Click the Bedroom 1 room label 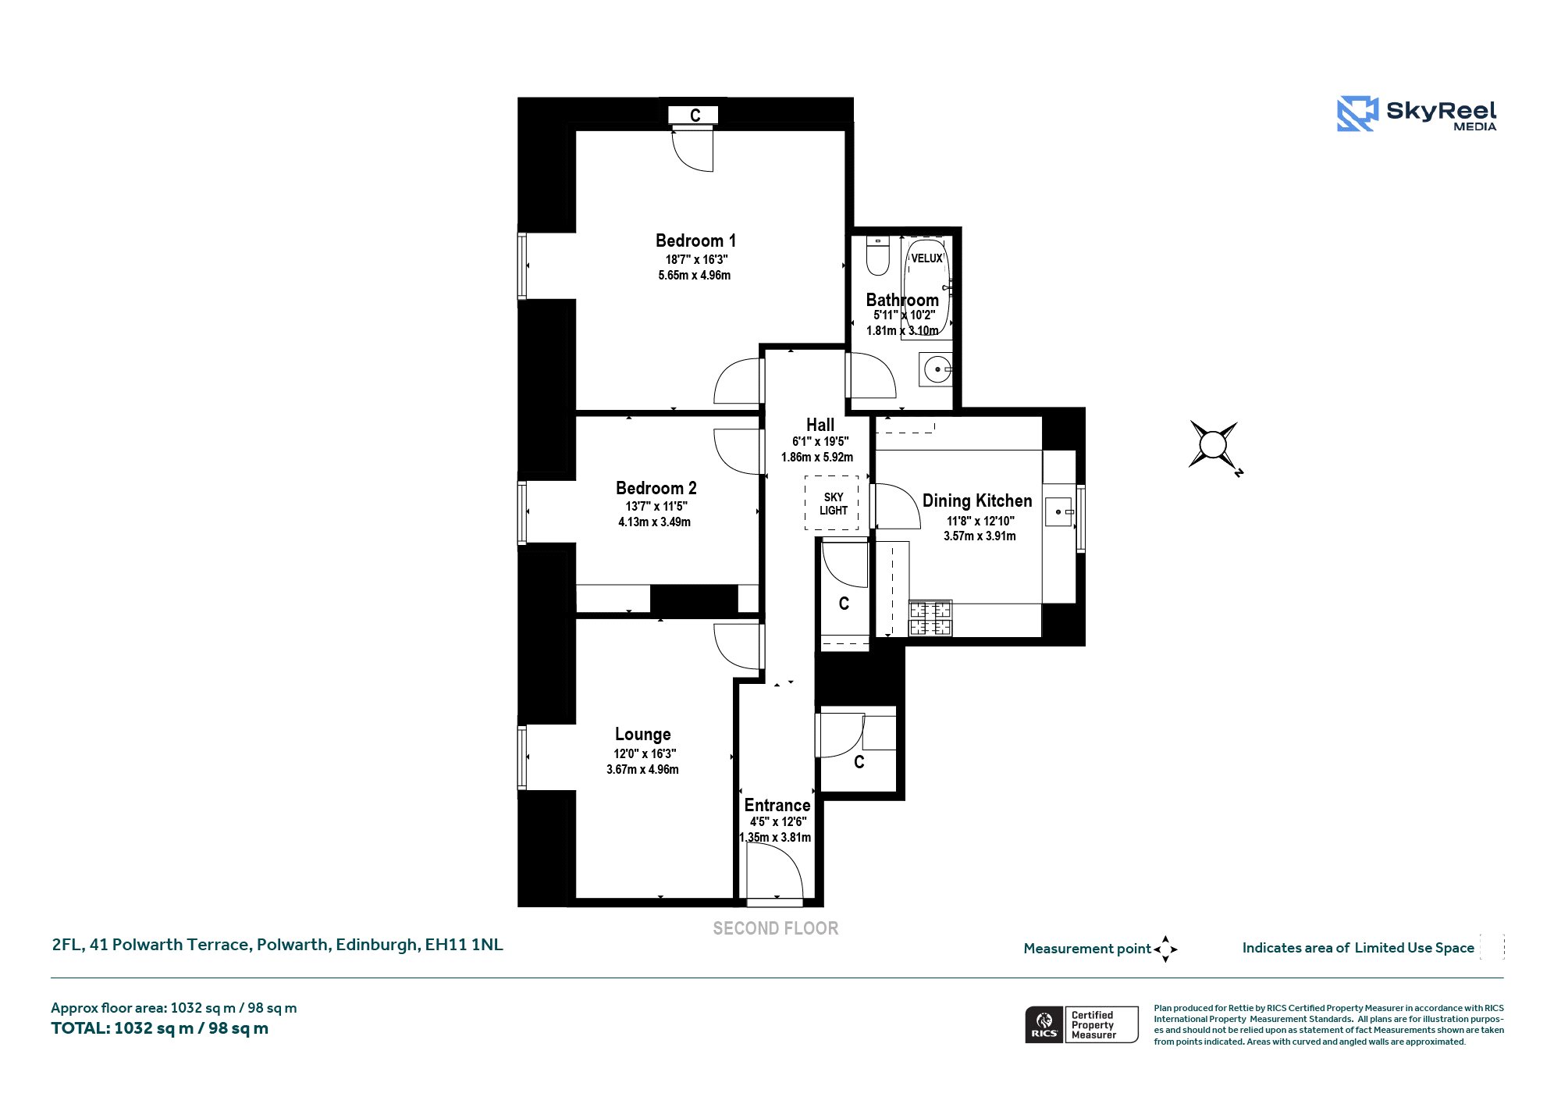point(695,240)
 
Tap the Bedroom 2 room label point(656,488)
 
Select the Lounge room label point(642,734)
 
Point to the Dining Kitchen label point(977,500)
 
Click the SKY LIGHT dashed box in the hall point(832,504)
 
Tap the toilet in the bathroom point(878,256)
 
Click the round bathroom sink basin point(936,369)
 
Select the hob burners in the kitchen point(930,618)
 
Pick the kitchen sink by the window point(1059,511)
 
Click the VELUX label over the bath point(926,258)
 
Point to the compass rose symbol point(1213,446)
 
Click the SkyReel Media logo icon point(1357,114)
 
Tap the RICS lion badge point(1044,1025)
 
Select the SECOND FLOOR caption point(776,928)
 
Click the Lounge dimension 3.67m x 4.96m point(642,770)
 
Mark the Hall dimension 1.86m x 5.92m point(817,458)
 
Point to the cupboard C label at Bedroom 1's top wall point(695,116)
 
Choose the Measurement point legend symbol point(1165,949)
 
